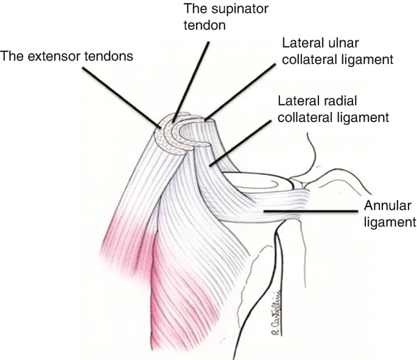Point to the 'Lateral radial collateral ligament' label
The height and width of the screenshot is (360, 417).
[x=332, y=108]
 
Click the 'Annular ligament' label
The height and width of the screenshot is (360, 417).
[x=390, y=213]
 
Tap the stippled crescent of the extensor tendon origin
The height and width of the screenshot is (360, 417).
[x=164, y=134]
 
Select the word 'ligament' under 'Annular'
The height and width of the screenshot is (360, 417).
[x=390, y=221]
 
